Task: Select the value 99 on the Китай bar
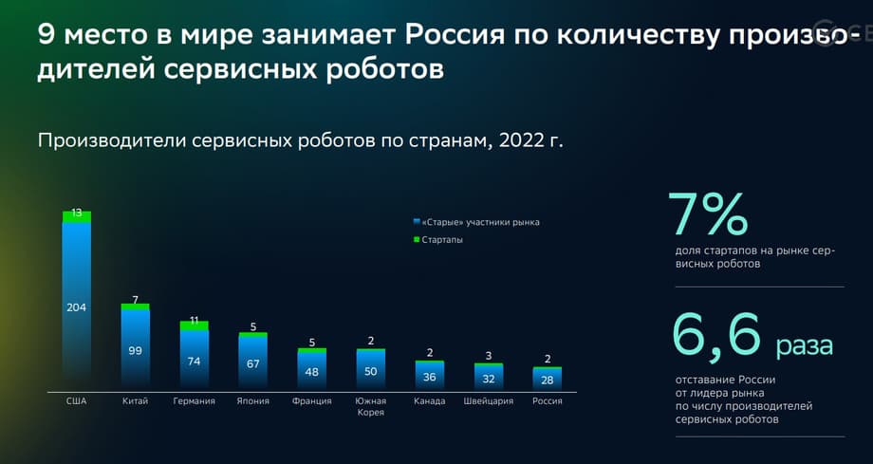(x=135, y=350)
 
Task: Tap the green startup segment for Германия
(x=194, y=325)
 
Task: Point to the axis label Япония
(x=252, y=401)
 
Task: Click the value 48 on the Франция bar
(x=310, y=372)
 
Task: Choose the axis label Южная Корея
(x=369, y=406)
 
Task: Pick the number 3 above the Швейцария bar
(x=488, y=356)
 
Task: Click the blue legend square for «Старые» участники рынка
(x=416, y=222)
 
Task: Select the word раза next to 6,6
(x=805, y=345)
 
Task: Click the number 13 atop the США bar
(x=76, y=213)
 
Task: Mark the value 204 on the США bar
(x=76, y=306)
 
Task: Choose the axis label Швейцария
(x=488, y=401)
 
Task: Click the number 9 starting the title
(x=46, y=35)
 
